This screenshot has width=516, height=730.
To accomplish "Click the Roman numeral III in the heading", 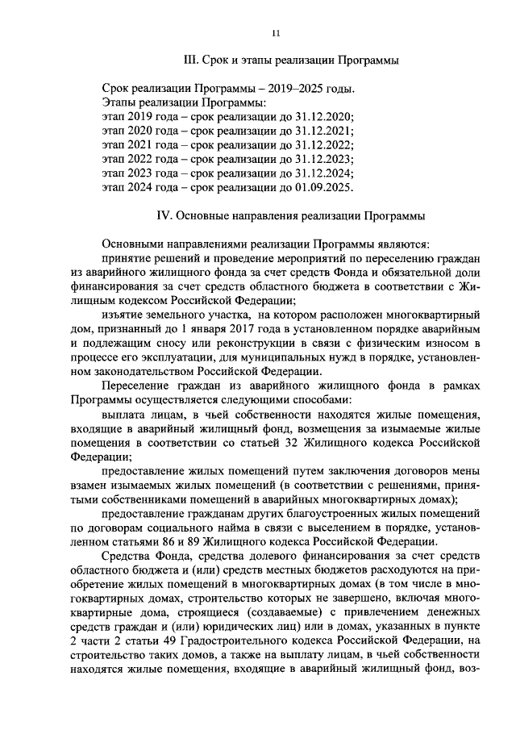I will click(x=192, y=60).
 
